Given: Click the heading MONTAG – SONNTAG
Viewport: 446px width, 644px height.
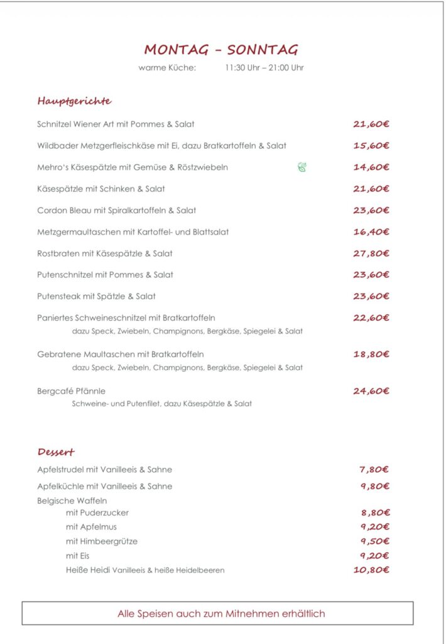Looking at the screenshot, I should (x=221, y=50).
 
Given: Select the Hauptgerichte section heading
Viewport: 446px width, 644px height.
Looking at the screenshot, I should (x=74, y=101).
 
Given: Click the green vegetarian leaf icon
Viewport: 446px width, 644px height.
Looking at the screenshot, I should (x=302, y=167).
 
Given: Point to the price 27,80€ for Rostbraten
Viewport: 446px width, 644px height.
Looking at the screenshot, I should (x=371, y=253).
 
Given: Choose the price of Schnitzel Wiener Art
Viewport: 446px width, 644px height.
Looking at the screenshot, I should (x=371, y=125).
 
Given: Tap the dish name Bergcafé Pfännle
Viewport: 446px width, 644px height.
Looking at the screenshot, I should (x=71, y=391).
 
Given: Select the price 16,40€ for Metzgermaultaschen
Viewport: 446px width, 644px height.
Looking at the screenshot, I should (x=371, y=232).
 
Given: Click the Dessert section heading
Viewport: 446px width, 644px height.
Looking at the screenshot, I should (x=56, y=452).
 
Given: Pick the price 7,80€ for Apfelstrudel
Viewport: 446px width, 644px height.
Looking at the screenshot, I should (x=374, y=469).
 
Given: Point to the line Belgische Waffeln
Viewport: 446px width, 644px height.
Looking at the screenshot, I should (x=72, y=501).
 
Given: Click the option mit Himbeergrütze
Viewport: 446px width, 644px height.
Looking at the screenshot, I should (x=101, y=541).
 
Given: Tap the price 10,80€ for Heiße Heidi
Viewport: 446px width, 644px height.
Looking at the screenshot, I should (x=371, y=570).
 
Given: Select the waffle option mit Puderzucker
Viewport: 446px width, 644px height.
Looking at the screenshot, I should (x=97, y=513).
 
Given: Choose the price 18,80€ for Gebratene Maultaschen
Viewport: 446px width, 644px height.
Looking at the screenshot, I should (x=371, y=354).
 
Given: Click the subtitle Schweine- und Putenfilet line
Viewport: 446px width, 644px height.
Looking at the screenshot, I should (x=161, y=404).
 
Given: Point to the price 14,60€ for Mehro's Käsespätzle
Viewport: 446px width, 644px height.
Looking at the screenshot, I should (x=371, y=167).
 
